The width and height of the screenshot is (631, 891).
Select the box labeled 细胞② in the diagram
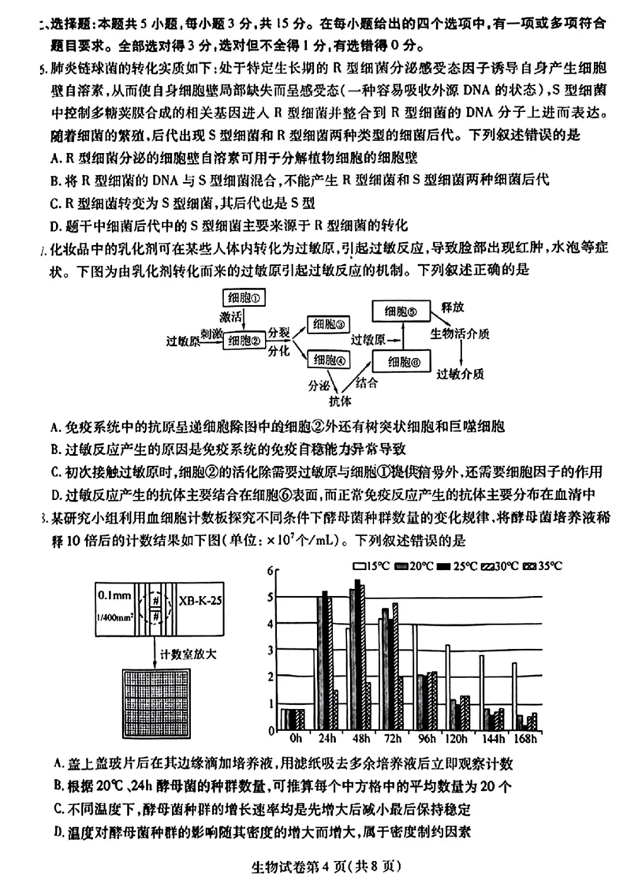(245, 341)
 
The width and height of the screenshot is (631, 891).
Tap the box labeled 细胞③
(329, 324)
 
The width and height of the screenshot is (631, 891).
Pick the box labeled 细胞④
(329, 360)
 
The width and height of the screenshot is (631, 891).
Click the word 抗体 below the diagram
(340, 399)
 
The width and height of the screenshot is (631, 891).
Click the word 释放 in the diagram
(452, 306)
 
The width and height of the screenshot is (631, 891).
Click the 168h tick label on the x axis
(523, 739)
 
